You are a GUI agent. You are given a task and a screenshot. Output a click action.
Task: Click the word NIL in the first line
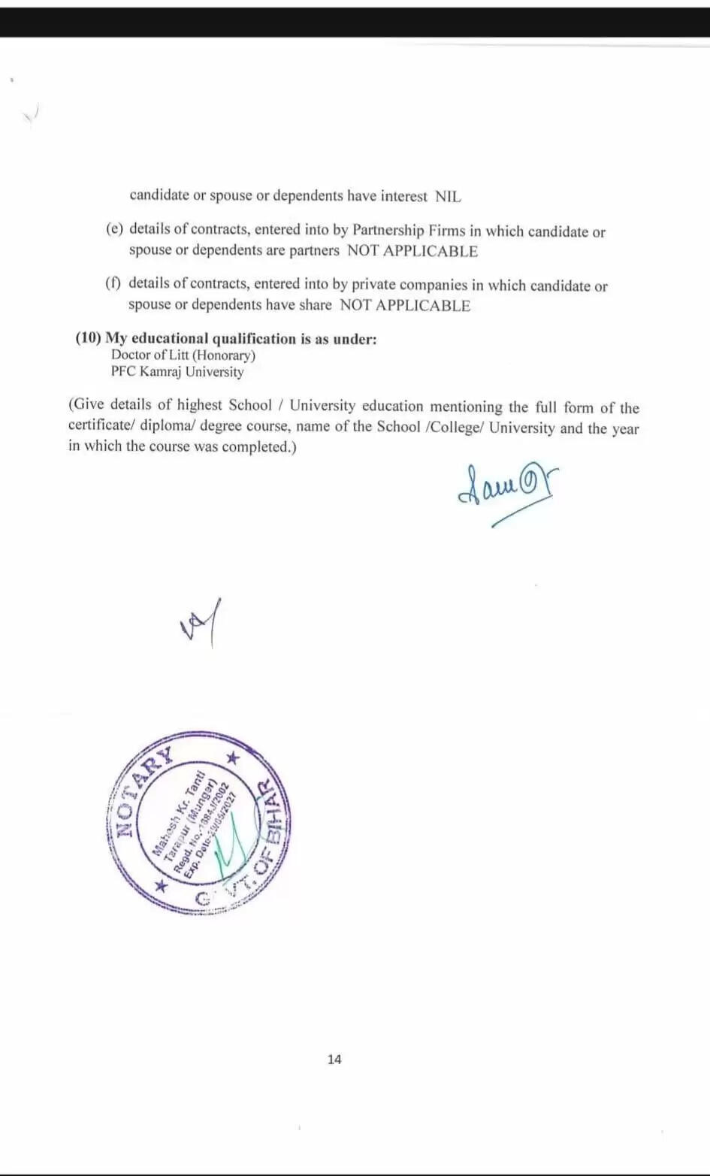pos(448,197)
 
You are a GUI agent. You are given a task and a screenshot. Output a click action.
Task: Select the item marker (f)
pos(113,283)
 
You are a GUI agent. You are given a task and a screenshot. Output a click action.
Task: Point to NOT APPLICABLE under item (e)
pos(412,251)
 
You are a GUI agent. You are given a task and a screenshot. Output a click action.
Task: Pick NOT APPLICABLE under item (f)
pos(405,306)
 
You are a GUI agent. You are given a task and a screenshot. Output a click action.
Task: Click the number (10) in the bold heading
pos(88,338)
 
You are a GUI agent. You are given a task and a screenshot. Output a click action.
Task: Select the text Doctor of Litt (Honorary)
pos(183,355)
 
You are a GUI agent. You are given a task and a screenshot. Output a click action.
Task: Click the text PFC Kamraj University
pos(177,372)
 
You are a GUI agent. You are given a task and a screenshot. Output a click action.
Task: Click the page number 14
pos(334,1059)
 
